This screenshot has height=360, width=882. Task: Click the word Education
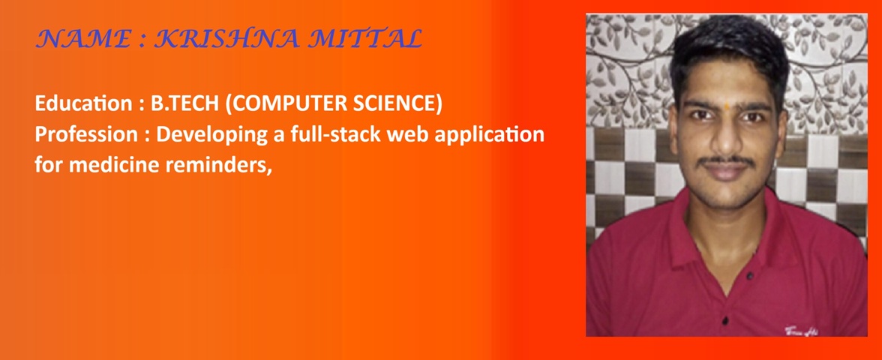point(82,105)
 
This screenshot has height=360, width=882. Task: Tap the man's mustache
point(727,161)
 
